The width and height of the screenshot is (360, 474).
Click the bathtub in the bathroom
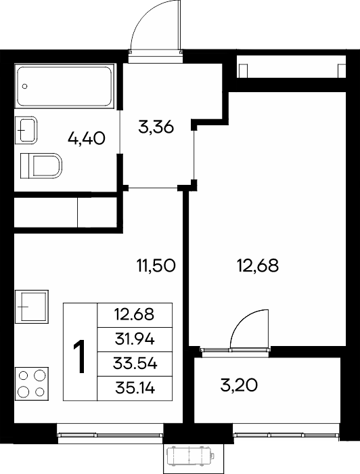pyautogui.click(x=65, y=86)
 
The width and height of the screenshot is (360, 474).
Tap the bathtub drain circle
pyautogui.click(x=25, y=86)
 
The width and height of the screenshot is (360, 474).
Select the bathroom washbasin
pyautogui.click(x=26, y=130)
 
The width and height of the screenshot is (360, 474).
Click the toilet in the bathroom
pyautogui.click(x=41, y=166)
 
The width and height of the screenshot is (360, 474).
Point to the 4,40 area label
pyautogui.click(x=87, y=139)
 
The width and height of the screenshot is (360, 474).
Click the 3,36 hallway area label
pyautogui.click(x=156, y=127)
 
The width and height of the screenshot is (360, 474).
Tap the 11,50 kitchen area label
pyautogui.click(x=156, y=265)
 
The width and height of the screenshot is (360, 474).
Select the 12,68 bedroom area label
pyautogui.click(x=258, y=265)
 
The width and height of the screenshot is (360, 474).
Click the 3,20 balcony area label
pyautogui.click(x=239, y=385)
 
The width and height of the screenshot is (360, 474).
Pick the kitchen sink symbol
pyautogui.click(x=32, y=307)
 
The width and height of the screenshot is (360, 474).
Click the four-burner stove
pyautogui.click(x=32, y=384)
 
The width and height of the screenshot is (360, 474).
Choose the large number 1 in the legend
pyautogui.click(x=80, y=356)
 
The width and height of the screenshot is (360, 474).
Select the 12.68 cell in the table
pyautogui.click(x=135, y=315)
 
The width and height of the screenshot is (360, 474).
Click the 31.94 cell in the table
pyautogui.click(x=135, y=339)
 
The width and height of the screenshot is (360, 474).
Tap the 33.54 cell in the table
pyautogui.click(x=135, y=364)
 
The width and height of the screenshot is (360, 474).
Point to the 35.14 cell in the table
pyautogui.click(x=135, y=389)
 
